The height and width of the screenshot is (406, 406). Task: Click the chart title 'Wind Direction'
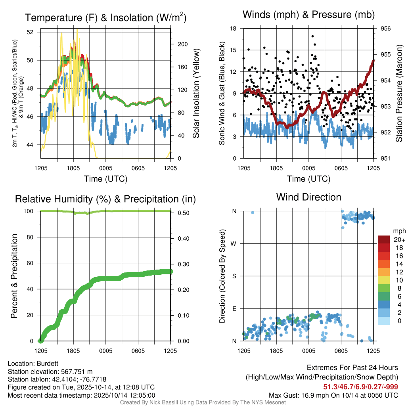(308, 197)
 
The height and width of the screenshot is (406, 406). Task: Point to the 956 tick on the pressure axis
(386, 29)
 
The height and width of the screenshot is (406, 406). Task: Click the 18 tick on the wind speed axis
(234, 29)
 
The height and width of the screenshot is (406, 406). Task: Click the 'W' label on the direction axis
(234, 243)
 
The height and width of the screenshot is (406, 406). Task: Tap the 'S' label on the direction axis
(234, 276)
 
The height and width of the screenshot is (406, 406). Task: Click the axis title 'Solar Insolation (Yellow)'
(196, 94)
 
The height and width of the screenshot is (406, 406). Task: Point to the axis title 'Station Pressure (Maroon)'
(399, 94)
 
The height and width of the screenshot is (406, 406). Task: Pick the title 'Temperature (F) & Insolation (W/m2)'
(105, 18)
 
